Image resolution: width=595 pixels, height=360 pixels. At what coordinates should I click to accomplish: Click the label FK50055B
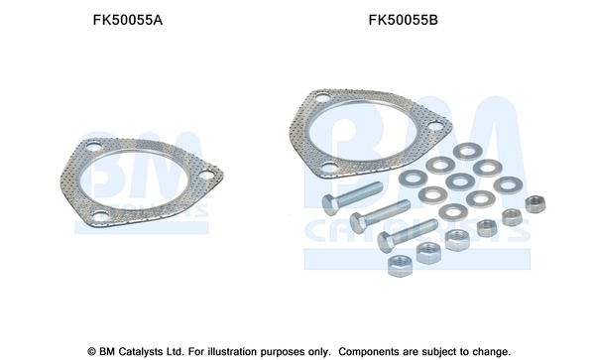[x=403, y=20]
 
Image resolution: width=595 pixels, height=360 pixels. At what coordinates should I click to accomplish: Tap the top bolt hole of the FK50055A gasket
[x=92, y=151]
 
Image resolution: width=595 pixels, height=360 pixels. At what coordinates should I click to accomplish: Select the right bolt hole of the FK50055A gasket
[x=204, y=179]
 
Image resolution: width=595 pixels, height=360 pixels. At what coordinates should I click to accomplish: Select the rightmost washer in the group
[x=508, y=184]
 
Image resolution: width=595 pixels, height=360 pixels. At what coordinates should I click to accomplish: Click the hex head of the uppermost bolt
[x=330, y=204]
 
